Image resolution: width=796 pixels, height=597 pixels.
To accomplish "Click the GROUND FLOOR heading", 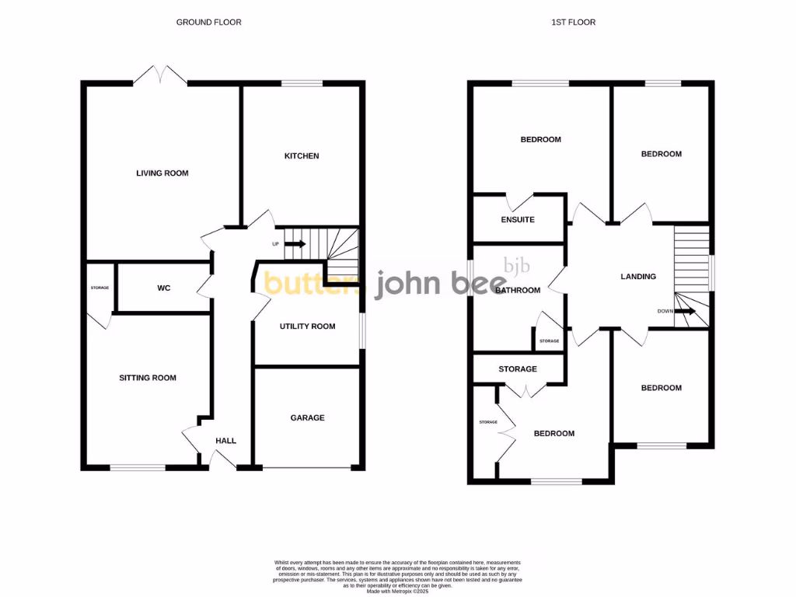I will click(x=208, y=23).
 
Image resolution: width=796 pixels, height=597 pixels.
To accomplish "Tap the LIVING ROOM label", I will click(x=162, y=173).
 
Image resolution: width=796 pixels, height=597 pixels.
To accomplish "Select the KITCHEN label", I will click(x=301, y=156).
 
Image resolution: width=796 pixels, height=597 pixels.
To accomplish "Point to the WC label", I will click(x=163, y=288).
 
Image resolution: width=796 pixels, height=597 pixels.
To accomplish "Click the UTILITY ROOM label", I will click(x=307, y=326).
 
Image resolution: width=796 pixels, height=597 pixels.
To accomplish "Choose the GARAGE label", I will click(x=307, y=417).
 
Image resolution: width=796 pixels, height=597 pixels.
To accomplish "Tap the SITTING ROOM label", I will click(x=148, y=378).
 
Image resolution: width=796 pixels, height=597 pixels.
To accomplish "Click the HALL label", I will click(x=225, y=441).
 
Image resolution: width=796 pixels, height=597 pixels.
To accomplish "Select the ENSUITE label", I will click(x=518, y=220).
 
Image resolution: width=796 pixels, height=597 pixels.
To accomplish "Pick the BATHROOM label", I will click(x=518, y=291).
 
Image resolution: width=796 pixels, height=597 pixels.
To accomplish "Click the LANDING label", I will click(x=638, y=277).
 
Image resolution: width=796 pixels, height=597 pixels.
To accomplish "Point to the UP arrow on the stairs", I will click(x=296, y=244).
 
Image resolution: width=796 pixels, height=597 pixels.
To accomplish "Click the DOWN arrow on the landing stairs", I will click(x=686, y=311).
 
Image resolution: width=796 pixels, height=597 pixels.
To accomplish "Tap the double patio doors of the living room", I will click(x=159, y=75).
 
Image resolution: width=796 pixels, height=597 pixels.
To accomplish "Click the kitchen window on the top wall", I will click(x=302, y=83).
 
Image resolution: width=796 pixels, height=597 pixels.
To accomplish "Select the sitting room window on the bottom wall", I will click(x=137, y=467).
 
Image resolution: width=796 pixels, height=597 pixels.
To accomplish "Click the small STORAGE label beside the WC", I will click(x=99, y=288).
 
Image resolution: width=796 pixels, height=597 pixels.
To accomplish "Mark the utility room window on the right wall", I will click(x=362, y=330).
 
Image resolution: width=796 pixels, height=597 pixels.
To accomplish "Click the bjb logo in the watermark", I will click(x=517, y=266).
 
